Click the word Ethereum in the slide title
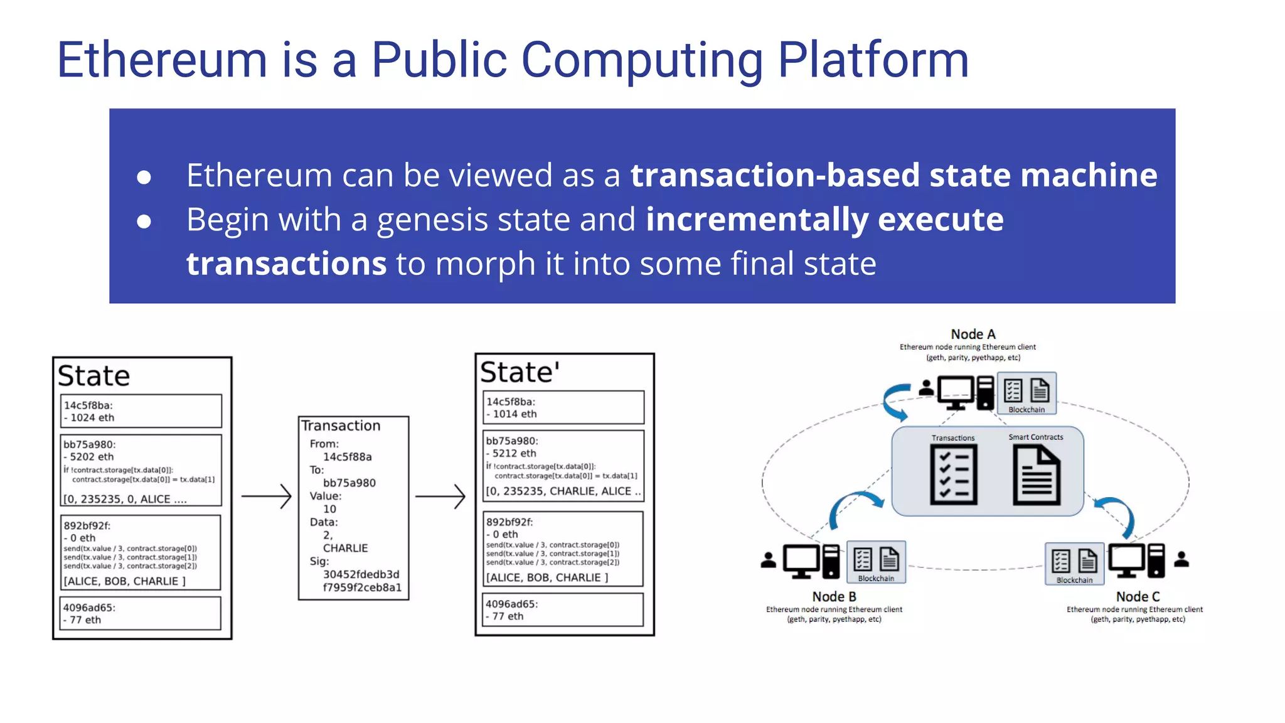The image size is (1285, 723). coord(162,60)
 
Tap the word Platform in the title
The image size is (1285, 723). coord(873,60)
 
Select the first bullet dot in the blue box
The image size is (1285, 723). coord(144,177)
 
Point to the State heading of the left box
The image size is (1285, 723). coord(94,376)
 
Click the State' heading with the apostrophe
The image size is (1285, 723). coord(520,372)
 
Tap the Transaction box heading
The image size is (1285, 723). coord(341,426)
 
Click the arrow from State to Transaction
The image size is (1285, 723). coord(266,496)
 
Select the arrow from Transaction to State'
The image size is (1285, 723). coord(440,496)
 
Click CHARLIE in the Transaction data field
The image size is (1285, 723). coord(345,548)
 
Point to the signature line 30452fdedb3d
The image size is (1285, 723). coord(361,574)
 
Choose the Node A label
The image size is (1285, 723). coord(973,335)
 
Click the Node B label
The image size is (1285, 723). coord(834,596)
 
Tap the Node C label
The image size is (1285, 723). coord(1138,596)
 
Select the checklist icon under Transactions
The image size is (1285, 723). coord(953,475)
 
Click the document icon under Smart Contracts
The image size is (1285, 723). coord(1037,475)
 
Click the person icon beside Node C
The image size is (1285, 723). coord(1181,559)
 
